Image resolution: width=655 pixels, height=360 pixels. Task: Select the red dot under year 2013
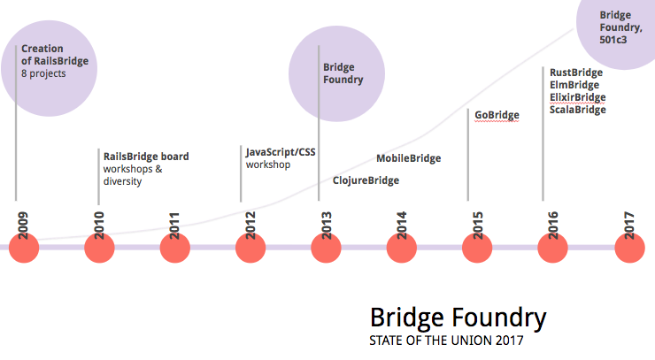326,248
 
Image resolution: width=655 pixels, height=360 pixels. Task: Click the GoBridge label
497,115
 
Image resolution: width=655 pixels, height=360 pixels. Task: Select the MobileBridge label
408,158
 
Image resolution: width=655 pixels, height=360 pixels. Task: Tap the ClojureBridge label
366,180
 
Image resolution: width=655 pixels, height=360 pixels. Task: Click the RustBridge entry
575,73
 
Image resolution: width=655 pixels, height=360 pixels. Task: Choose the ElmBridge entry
574,85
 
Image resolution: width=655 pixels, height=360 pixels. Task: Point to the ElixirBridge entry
577,97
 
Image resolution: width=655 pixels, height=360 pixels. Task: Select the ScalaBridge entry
577,110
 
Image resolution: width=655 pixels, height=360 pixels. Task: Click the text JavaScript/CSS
281,152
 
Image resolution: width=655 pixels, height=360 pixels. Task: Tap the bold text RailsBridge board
146,157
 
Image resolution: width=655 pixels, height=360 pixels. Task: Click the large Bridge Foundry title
458,318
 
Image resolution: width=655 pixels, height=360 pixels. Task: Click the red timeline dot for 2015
478,248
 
